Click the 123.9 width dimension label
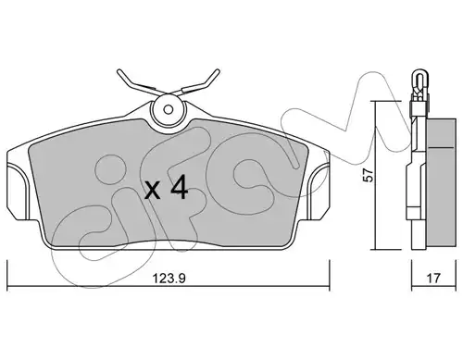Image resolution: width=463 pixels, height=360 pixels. pos(169,279)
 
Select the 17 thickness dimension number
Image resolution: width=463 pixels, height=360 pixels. pos(433,279)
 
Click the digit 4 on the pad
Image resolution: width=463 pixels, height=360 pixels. pos(180,187)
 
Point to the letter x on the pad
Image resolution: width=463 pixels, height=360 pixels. pos(153,191)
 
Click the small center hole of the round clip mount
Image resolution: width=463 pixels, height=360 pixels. pos(169,109)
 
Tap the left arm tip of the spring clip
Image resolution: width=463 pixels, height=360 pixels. pos(119,72)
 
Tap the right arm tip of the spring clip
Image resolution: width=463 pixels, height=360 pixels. pos(218,71)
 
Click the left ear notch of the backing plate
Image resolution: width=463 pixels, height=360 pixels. pos(16,192)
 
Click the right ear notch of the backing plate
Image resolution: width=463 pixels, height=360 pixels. pos(321,192)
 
